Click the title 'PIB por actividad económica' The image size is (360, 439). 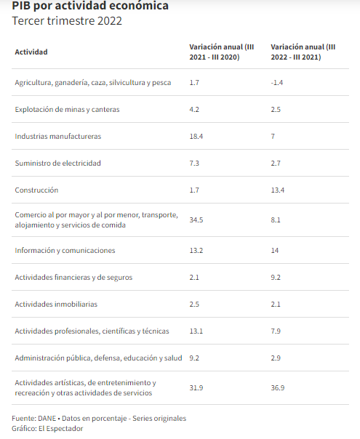pos(90,6)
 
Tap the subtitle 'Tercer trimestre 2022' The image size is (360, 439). pos(67,21)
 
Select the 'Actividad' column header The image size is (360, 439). pos(31,52)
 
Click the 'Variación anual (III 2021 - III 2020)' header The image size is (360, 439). pos(222,52)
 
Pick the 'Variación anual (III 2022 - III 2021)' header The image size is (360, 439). pos(303,52)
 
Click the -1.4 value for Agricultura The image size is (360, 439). pos(277,83)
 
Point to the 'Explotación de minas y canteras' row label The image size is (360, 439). pos(67,110)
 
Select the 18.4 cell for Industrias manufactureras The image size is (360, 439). pos(196,137)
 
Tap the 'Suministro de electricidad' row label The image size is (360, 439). pos(57,164)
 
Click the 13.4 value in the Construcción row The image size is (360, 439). pos(278,190)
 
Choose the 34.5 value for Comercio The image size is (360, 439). pos(196,220)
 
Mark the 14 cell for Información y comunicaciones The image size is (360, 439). pos(275,251)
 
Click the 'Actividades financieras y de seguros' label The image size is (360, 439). pos(73,278)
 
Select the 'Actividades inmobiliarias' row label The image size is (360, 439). pos(56,305)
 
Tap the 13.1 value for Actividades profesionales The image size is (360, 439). pos(196,331)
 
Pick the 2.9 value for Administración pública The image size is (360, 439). pos(276,358)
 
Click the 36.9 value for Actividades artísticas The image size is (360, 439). pos(278,388)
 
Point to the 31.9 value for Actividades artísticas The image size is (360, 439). pos(196,388)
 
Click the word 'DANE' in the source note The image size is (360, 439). pos(47,419)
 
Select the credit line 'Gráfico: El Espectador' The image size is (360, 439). pos(47,429)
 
